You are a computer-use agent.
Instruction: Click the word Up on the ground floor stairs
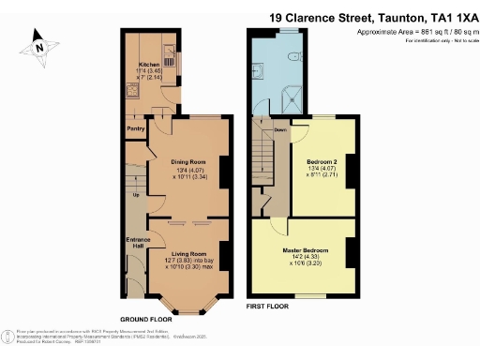tap(137, 195)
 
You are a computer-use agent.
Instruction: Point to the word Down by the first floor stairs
tap(280, 129)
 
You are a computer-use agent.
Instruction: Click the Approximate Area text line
tap(412, 33)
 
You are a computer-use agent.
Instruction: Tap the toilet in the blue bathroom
tap(295, 56)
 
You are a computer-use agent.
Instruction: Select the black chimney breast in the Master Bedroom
tap(349, 251)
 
